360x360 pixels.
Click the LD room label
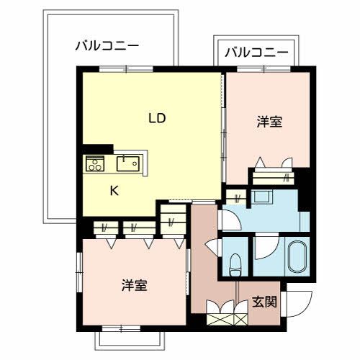[x=158, y=118]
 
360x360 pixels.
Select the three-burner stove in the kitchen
[x=95, y=163]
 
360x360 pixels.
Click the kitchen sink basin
[x=129, y=163]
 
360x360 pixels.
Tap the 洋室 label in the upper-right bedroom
[x=269, y=122]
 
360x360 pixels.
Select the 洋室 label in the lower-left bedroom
[x=134, y=285]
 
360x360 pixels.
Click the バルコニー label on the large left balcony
[x=107, y=47]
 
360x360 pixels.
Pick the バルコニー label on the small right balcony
[x=256, y=53]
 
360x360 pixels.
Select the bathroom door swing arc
[x=262, y=247]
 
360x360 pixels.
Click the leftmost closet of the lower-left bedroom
[x=104, y=228]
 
